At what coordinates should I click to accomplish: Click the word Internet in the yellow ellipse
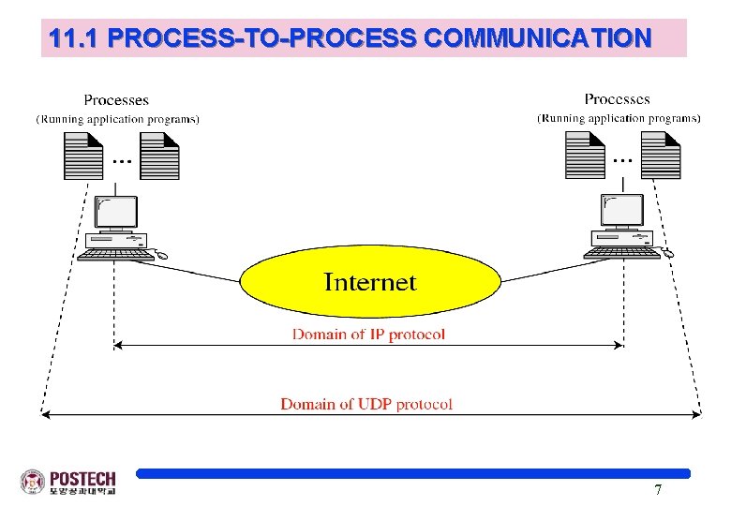[x=369, y=281]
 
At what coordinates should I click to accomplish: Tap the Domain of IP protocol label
[x=369, y=334]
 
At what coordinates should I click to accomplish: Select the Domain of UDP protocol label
[x=366, y=404]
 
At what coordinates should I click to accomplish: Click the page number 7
[x=658, y=490]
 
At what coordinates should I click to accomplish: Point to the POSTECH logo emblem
[x=32, y=482]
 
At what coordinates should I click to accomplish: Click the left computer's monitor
[x=117, y=214]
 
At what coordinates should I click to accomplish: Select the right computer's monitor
[x=620, y=212]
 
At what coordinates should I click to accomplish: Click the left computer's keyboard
[x=116, y=253]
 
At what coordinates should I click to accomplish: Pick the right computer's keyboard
[x=619, y=252]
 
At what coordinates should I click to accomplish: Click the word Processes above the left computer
[x=116, y=100]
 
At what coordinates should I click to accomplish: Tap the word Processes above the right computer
[x=617, y=98]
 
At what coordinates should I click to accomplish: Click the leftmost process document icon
[x=82, y=155]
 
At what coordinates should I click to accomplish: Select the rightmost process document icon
[x=661, y=155]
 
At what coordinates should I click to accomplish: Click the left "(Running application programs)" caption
[x=117, y=119]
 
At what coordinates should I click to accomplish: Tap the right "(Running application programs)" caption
[x=619, y=118]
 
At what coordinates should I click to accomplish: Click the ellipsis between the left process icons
[x=121, y=161]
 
